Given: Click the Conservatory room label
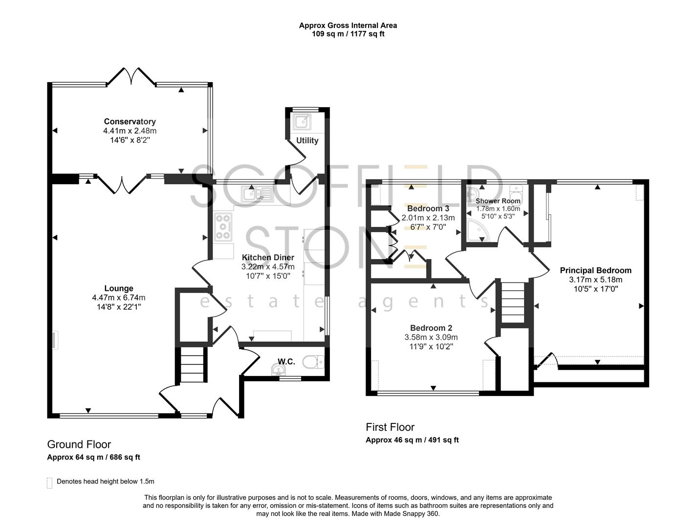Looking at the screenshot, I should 130,122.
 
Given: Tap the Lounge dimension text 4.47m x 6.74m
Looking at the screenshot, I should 118,298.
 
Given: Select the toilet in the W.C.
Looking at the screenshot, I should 313,362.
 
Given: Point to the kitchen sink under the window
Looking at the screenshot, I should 256,195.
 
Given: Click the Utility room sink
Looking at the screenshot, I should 302,121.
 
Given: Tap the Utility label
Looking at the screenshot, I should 307,141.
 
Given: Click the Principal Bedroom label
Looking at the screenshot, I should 595,270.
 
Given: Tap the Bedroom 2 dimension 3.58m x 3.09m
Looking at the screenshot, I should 431,337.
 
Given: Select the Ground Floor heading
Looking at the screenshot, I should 79,444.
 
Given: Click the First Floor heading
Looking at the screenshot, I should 390,427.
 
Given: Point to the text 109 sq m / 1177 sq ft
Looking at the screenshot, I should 348,34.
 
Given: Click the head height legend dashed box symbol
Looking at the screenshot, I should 49,483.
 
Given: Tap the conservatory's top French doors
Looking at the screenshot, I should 131,77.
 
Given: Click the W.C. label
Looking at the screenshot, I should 286,362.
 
